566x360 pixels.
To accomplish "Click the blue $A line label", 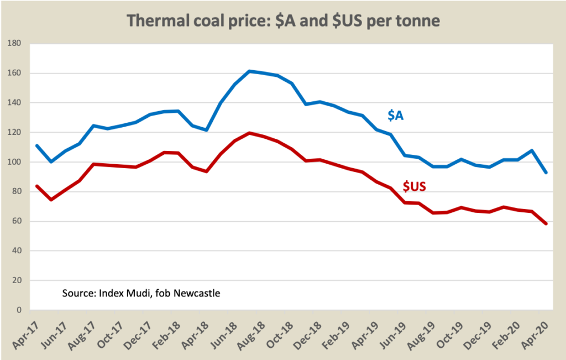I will tap(395, 116).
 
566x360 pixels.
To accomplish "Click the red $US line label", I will tap(414, 186).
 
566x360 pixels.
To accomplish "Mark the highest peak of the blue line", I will tap(249, 71).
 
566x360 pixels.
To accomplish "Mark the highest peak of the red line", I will tap(249, 133).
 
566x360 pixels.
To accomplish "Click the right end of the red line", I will tap(546, 223).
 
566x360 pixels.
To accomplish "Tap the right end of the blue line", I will tap(546, 172).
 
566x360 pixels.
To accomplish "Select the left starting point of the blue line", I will tap(36, 145).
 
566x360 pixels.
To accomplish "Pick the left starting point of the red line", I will tap(36, 186).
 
